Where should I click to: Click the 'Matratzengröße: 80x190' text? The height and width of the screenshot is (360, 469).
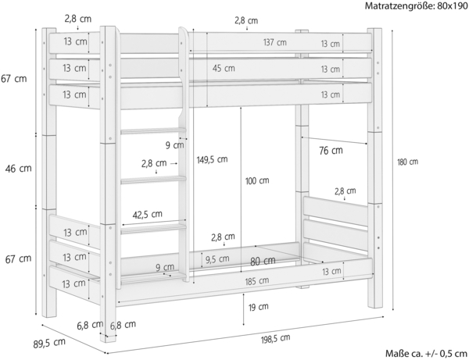pyautogui.click(x=415, y=6)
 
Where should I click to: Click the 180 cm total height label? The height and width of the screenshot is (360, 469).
pyautogui.click(x=407, y=162)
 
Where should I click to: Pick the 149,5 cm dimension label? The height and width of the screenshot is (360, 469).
pyautogui.click(x=211, y=159)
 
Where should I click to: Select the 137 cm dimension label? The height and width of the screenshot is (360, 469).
pyautogui.click(x=274, y=43)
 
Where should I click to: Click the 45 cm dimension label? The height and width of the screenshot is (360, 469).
pyautogui.click(x=224, y=68)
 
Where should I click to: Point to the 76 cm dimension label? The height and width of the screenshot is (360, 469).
pyautogui.click(x=331, y=149)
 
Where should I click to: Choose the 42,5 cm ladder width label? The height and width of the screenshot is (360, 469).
pyautogui.click(x=148, y=214)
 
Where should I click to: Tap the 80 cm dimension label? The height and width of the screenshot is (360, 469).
pyautogui.click(x=263, y=261)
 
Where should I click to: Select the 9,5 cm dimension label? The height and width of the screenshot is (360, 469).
pyautogui.click(x=218, y=259)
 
